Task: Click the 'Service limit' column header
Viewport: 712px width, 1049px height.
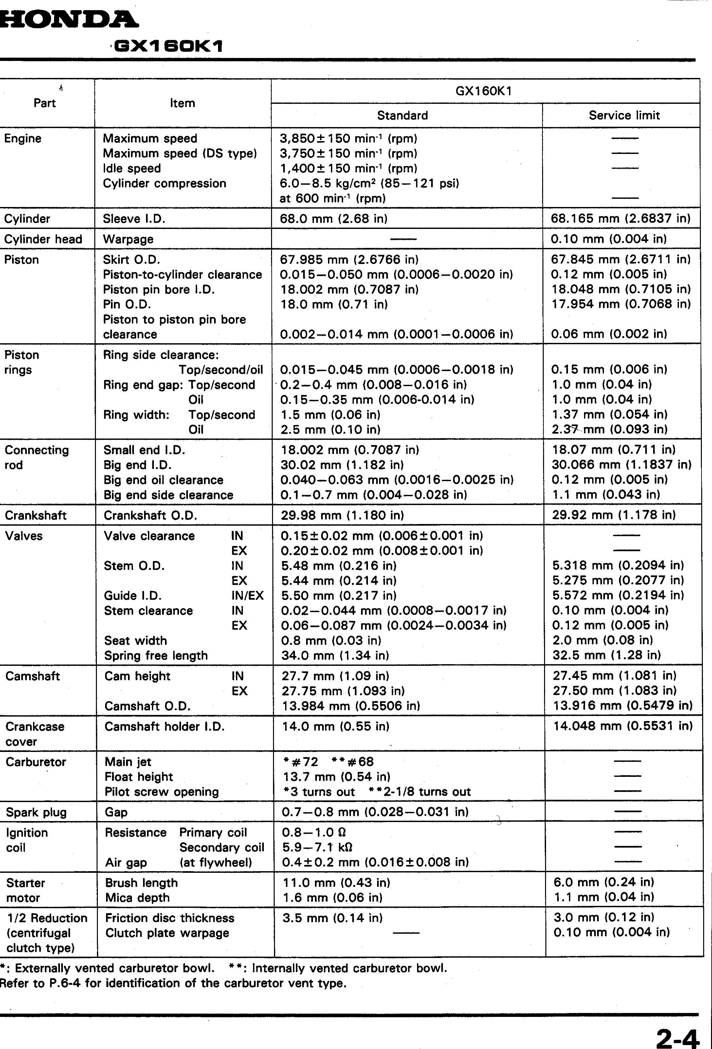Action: [624, 116]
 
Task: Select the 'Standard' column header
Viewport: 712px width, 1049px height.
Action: [402, 116]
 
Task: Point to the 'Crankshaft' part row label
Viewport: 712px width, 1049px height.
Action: [36, 515]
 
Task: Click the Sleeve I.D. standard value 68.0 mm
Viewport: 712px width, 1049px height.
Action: [334, 219]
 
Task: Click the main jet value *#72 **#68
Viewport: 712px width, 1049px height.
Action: [328, 762]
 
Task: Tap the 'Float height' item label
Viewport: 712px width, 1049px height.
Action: [138, 777]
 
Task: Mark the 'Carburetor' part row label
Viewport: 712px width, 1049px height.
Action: [36, 762]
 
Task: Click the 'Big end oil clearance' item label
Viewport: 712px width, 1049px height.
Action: [163, 480]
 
